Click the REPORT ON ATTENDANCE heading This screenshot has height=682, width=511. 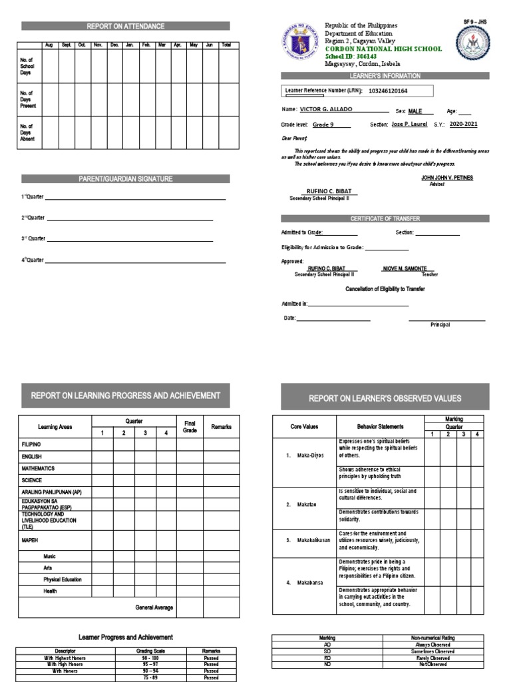[x=126, y=26]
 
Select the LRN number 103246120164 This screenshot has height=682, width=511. [x=379, y=91]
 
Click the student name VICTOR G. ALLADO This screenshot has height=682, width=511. [x=326, y=109]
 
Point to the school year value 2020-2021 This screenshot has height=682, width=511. [x=463, y=124]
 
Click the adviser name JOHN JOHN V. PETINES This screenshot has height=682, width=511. [x=446, y=178]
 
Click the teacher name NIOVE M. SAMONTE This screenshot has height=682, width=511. [x=405, y=268]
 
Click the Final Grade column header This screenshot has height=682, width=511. [x=190, y=426]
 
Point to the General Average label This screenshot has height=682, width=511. [x=154, y=607]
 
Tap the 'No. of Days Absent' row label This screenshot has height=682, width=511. [x=27, y=133]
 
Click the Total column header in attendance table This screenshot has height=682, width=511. [x=226, y=45]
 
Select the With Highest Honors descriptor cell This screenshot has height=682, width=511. [x=66, y=658]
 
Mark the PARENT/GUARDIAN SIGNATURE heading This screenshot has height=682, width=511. [x=126, y=178]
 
